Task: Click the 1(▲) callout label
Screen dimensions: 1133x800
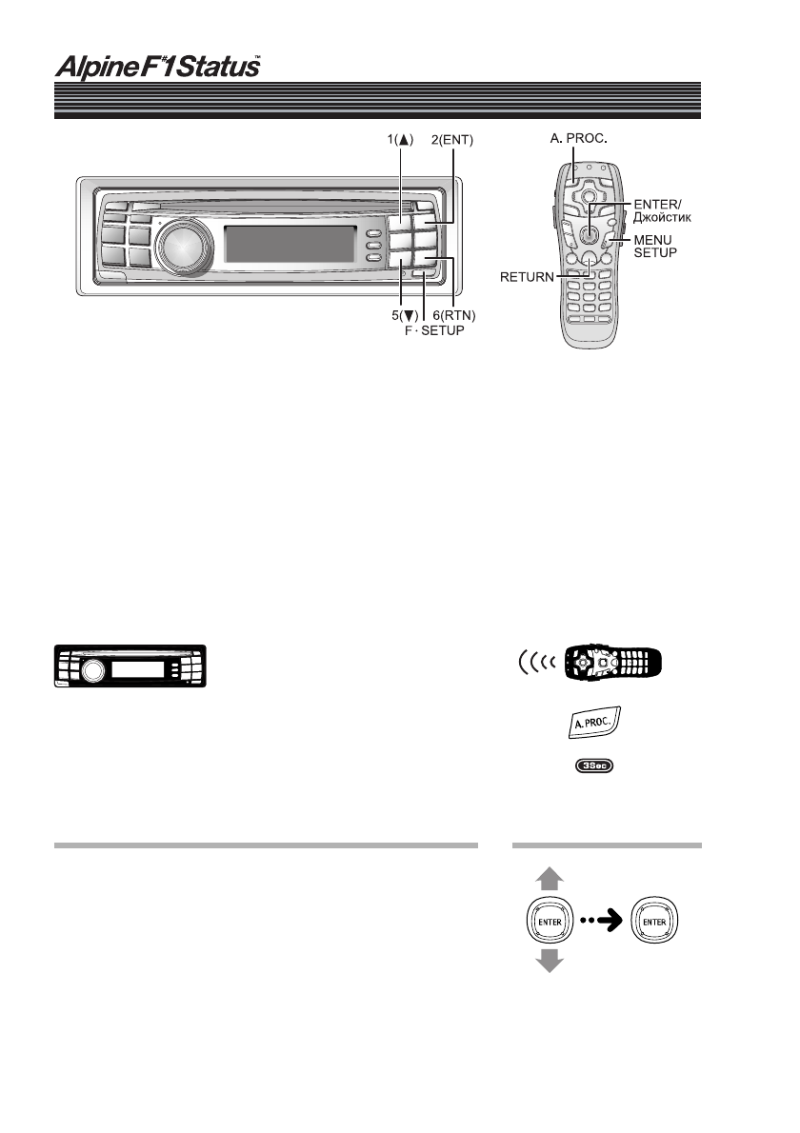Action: click(x=399, y=139)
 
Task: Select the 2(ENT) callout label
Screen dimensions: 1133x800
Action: click(x=451, y=139)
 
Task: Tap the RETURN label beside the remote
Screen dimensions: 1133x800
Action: click(x=530, y=278)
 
